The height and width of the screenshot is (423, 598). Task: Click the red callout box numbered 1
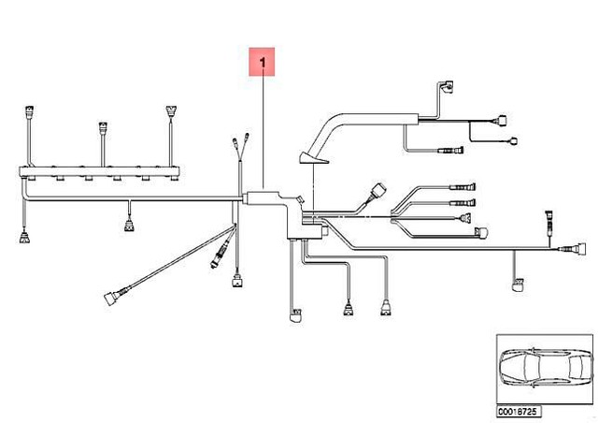pos(262,62)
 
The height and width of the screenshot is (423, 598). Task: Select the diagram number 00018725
pos(519,412)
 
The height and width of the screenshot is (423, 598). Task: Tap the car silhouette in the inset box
pos(546,369)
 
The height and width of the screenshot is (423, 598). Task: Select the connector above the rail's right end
pos(171,111)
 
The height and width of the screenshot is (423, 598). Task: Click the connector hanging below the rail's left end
pos(24,237)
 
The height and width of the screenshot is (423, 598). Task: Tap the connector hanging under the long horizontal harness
pos(129,226)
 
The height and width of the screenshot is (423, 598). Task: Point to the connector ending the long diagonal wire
pos(113,297)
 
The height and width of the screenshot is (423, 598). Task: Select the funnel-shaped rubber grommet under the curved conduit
pos(312,158)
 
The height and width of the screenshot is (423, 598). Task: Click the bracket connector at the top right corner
pos(447,86)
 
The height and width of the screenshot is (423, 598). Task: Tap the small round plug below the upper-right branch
pos(513,141)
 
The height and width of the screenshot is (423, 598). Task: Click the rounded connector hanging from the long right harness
pos(518,284)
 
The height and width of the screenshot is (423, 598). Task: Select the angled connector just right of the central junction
pos(377,191)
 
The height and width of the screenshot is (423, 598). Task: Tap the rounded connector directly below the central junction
pos(295,315)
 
